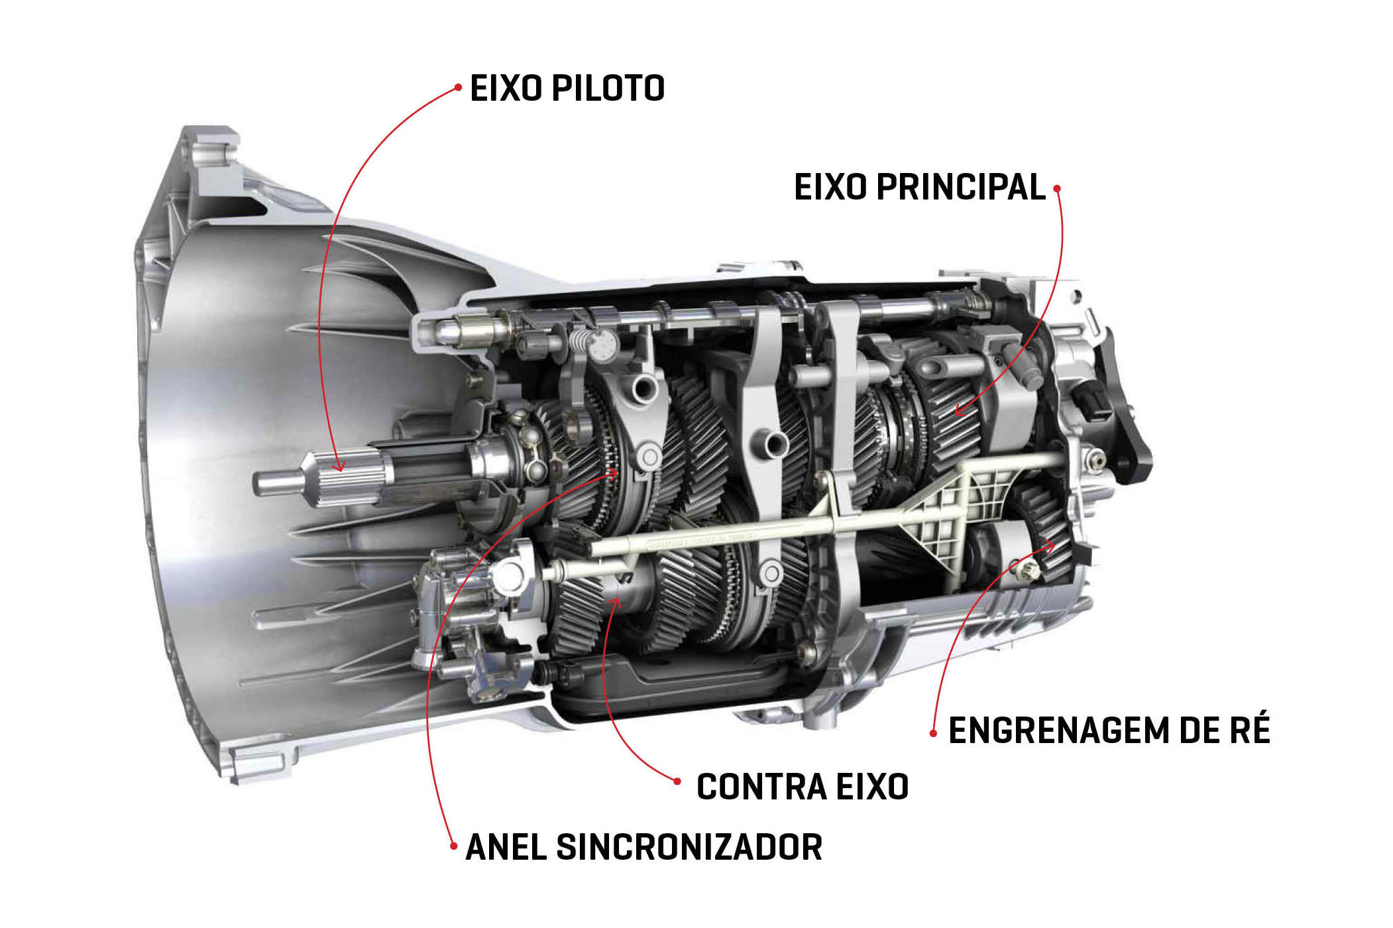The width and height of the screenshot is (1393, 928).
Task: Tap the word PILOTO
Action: tap(608, 88)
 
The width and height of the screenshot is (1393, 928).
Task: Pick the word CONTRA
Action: tap(761, 787)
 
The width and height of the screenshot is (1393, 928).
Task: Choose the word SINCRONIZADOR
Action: tap(689, 847)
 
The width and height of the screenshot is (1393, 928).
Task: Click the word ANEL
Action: tap(506, 847)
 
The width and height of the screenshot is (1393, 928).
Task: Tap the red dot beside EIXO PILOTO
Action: tap(457, 87)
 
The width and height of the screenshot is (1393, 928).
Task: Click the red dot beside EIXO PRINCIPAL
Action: tap(1057, 188)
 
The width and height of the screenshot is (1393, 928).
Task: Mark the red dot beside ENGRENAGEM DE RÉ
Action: tap(933, 733)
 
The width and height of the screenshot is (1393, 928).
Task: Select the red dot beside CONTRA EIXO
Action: tap(677, 782)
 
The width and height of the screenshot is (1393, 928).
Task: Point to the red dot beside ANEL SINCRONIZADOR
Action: tap(453, 846)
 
